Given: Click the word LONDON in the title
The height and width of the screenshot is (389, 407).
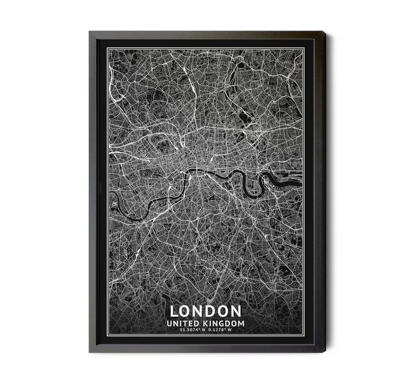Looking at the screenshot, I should (205, 311).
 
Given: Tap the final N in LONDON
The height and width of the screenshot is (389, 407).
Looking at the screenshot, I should (235, 311).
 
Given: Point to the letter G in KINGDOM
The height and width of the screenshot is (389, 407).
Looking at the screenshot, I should (225, 324).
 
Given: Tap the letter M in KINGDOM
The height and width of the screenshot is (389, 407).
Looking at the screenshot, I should (241, 324).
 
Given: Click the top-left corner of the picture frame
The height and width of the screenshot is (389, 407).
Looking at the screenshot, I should (90, 32).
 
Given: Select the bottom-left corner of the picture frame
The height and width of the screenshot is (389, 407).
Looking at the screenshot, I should (90, 352).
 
